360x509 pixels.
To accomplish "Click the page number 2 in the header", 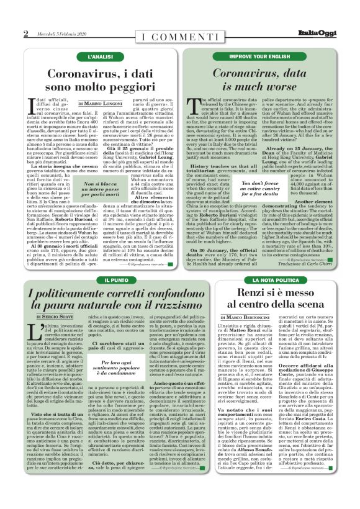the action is point(26,34).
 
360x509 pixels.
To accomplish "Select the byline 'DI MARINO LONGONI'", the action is point(104,102).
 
